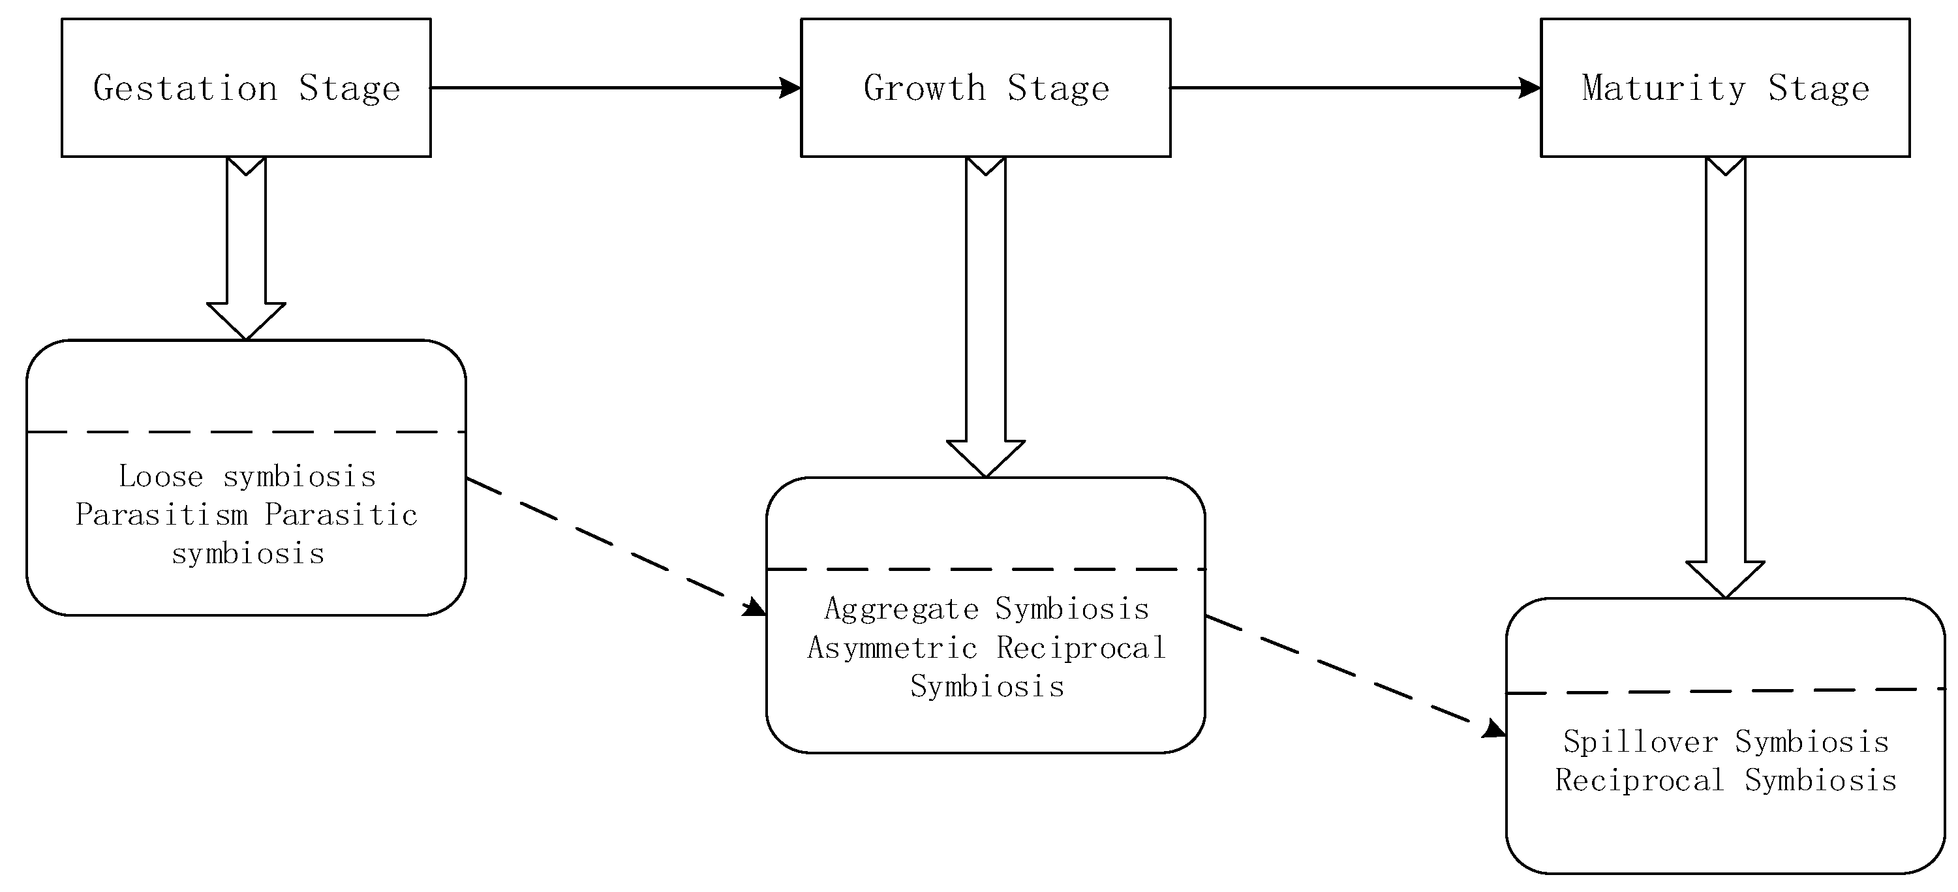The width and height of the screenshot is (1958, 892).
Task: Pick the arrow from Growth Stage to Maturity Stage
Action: tap(1354, 87)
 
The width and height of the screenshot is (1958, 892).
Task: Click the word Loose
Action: tap(161, 477)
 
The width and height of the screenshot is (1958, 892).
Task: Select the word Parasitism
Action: tap(162, 515)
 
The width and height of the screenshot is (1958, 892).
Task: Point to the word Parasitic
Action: tap(341, 515)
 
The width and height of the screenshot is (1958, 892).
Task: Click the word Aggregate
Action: tap(902, 609)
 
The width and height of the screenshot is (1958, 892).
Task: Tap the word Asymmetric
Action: tap(892, 648)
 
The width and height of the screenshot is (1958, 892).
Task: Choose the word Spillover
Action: tap(1640, 741)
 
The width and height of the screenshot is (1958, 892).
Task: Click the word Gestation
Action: tap(185, 88)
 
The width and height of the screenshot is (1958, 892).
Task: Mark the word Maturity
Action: tap(1664, 88)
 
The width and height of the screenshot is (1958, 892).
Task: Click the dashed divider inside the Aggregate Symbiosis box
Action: tap(986, 569)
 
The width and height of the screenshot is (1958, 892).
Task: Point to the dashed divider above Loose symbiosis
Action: tap(246, 432)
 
